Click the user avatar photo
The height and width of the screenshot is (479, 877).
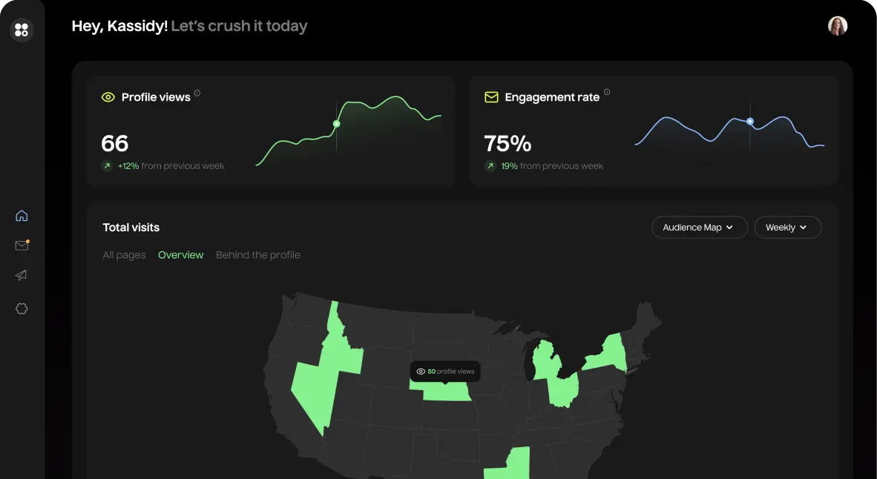838,26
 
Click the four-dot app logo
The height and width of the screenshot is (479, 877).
22,30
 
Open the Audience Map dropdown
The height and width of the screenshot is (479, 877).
697,228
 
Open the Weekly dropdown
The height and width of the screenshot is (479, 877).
787,228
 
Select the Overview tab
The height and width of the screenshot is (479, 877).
180,255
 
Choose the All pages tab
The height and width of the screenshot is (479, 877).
124,255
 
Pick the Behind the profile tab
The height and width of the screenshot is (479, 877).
257,255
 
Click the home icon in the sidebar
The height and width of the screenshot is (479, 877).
22,216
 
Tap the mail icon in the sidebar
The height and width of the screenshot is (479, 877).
22,245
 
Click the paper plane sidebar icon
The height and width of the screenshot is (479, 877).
22,275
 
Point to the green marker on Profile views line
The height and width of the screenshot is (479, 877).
336,124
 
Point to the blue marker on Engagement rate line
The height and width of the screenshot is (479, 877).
750,121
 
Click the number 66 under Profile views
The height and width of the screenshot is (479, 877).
115,143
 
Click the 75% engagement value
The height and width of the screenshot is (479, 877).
508,143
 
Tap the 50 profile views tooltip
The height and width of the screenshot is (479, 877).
444,371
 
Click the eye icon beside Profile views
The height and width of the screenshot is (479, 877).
108,97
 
